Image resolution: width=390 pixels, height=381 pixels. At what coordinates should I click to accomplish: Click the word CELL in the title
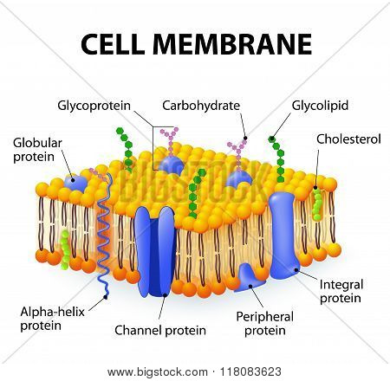click(x=113, y=44)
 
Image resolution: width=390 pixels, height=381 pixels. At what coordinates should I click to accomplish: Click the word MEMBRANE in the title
click(x=232, y=44)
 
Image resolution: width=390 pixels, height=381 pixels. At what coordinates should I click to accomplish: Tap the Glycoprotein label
click(x=94, y=106)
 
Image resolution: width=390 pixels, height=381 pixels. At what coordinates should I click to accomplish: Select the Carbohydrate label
click(x=201, y=106)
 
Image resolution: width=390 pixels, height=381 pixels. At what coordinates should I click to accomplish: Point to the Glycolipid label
click(x=320, y=106)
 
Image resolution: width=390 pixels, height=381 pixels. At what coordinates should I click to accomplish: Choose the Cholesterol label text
click(x=348, y=139)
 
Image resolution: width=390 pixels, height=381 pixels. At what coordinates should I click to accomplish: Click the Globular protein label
click(x=37, y=150)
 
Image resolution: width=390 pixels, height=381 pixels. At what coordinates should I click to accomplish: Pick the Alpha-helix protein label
click(x=52, y=319)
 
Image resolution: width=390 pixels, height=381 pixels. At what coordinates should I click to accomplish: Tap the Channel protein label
click(x=160, y=330)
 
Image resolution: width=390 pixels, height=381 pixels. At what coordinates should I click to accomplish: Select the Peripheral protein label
click(x=265, y=324)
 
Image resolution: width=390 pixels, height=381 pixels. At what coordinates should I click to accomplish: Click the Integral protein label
click(x=341, y=291)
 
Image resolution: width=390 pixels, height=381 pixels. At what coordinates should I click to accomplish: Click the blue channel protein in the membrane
click(x=156, y=252)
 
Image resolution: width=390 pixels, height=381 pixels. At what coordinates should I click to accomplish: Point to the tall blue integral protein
click(x=283, y=236)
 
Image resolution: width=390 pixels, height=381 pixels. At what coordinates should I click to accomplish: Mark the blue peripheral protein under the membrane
click(x=249, y=278)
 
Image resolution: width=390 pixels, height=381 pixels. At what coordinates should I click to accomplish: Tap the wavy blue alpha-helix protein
click(x=104, y=234)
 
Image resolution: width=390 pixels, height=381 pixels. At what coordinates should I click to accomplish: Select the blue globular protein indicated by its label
click(x=75, y=183)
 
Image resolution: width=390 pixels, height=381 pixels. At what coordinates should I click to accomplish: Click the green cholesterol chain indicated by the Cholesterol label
click(x=317, y=203)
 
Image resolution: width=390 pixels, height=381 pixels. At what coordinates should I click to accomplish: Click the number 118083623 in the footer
click(x=250, y=371)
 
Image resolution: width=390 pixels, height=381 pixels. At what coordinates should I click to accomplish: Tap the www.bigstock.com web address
click(x=158, y=372)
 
